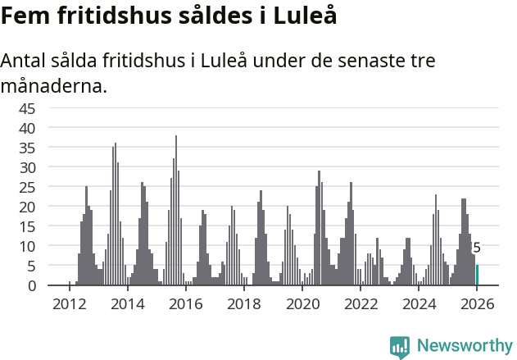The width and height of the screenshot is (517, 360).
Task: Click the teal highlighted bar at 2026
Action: click(x=478, y=275)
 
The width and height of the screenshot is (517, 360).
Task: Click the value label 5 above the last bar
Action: click(x=477, y=248)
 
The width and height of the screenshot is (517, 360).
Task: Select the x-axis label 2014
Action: click(x=127, y=303)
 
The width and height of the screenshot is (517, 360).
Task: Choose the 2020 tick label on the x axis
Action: click(x=302, y=303)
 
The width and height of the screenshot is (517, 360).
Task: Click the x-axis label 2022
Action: click(x=361, y=303)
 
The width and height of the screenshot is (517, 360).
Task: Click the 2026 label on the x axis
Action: click(x=477, y=303)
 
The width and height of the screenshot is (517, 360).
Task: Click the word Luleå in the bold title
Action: click(x=305, y=16)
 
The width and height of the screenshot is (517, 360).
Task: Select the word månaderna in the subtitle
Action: click(x=54, y=85)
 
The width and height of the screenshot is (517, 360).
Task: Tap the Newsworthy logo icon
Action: click(x=400, y=347)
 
